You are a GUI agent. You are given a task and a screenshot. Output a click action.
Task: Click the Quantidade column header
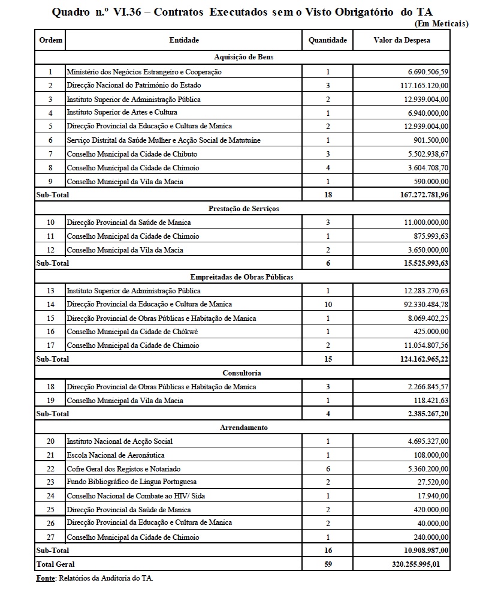click(x=328, y=40)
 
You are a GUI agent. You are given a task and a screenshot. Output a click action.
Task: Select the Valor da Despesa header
click(x=401, y=40)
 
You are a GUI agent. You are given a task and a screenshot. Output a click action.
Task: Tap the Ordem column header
click(x=50, y=40)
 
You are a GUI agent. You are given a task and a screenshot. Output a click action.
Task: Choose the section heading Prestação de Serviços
click(x=243, y=209)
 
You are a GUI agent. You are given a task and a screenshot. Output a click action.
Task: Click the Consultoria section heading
click(x=242, y=373)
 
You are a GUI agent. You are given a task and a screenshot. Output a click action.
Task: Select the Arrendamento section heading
click(x=243, y=428)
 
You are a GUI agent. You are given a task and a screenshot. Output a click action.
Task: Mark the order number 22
click(x=50, y=468)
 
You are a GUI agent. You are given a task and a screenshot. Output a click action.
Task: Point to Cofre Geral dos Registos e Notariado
click(x=123, y=468)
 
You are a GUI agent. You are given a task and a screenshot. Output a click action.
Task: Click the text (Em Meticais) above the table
click(x=442, y=23)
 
